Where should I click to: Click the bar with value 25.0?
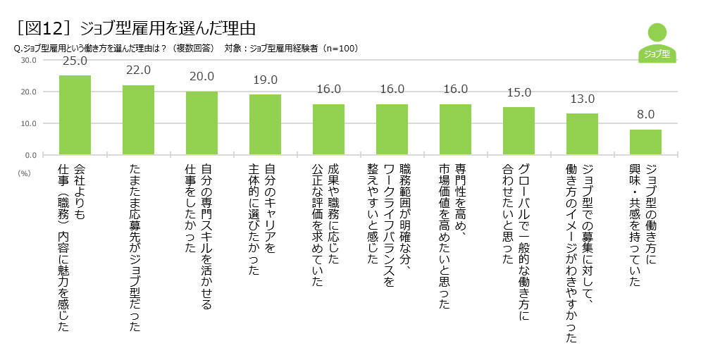coord(75,115)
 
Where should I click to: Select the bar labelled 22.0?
coord(138,120)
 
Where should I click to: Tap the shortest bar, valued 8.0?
coord(645,142)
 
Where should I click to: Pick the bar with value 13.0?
coord(582,134)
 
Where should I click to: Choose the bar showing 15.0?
coord(519,130)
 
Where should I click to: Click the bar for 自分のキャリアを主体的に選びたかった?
coord(265,124)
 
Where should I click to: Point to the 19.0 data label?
coord(265,80)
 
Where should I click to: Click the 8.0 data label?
coord(645,114)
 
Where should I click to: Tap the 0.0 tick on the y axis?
coord(30,154)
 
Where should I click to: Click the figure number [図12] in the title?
coord(44,29)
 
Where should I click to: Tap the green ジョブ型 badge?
coord(657,54)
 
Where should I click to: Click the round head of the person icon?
coord(657,32)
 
